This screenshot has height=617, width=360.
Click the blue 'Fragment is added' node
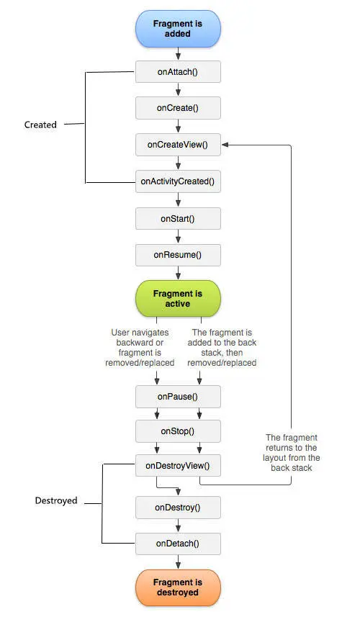coord(178,29)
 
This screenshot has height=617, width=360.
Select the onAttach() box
coord(178,71)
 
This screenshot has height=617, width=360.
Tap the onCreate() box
coord(178,108)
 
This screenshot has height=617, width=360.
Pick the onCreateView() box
coord(178,145)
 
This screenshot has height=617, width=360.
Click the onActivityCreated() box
coord(178,181)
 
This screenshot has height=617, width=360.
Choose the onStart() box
coord(178,219)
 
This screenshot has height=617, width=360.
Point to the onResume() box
coord(178,255)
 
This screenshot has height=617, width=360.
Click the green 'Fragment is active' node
coord(178,299)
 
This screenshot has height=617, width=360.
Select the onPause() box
coord(178,397)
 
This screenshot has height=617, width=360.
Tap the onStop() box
coord(178,431)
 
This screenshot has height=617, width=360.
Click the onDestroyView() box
coord(178,466)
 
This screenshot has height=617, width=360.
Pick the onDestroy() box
coord(178,508)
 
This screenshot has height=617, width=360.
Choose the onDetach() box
coord(178,544)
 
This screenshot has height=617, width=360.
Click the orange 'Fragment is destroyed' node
coord(178,587)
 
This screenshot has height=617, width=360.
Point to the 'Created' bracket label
coord(40,125)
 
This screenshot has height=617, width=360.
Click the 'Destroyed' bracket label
coord(56,500)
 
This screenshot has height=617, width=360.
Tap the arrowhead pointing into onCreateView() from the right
coord(225,145)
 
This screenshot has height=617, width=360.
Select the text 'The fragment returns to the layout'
coord(292,447)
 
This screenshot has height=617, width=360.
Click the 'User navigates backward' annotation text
coord(140,338)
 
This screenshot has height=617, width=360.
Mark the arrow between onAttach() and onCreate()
coord(179,90)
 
